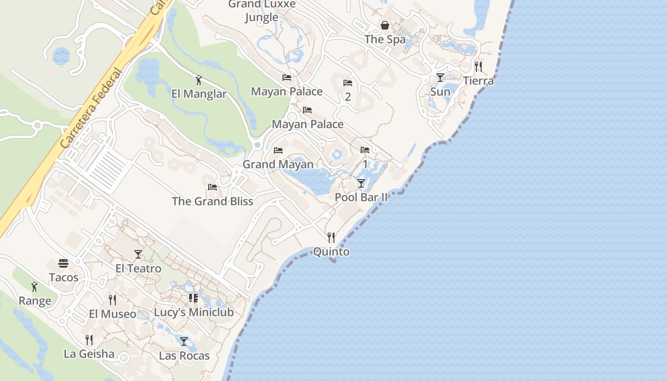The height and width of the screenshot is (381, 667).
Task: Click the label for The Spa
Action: click(x=385, y=40)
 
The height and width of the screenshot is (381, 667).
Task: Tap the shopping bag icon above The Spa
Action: click(x=385, y=25)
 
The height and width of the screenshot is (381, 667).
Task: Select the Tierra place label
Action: click(x=478, y=81)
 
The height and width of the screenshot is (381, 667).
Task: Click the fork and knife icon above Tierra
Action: click(x=478, y=67)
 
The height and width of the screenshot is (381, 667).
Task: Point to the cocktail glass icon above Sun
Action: click(x=440, y=77)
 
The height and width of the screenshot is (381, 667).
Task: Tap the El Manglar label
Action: click(x=199, y=94)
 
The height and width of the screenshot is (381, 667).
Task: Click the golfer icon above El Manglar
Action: click(x=199, y=80)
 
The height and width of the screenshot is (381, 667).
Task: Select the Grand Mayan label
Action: click(x=278, y=164)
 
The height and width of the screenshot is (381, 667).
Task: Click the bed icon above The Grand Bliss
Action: click(x=212, y=187)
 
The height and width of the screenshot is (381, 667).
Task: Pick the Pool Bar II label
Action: click(x=361, y=197)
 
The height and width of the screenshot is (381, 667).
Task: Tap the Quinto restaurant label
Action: click(x=331, y=252)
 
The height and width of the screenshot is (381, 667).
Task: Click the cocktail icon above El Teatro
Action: click(x=138, y=254)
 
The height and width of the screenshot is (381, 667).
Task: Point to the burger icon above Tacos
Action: click(x=63, y=263)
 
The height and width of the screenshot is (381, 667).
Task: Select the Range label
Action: click(x=35, y=301)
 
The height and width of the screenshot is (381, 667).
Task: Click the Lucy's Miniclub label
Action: click(x=193, y=312)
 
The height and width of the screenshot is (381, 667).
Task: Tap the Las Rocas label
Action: click(x=184, y=356)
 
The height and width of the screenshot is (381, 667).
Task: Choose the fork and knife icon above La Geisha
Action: click(x=89, y=340)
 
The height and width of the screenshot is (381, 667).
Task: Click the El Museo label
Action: click(x=112, y=314)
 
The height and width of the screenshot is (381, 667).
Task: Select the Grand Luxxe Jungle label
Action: click(x=262, y=11)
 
